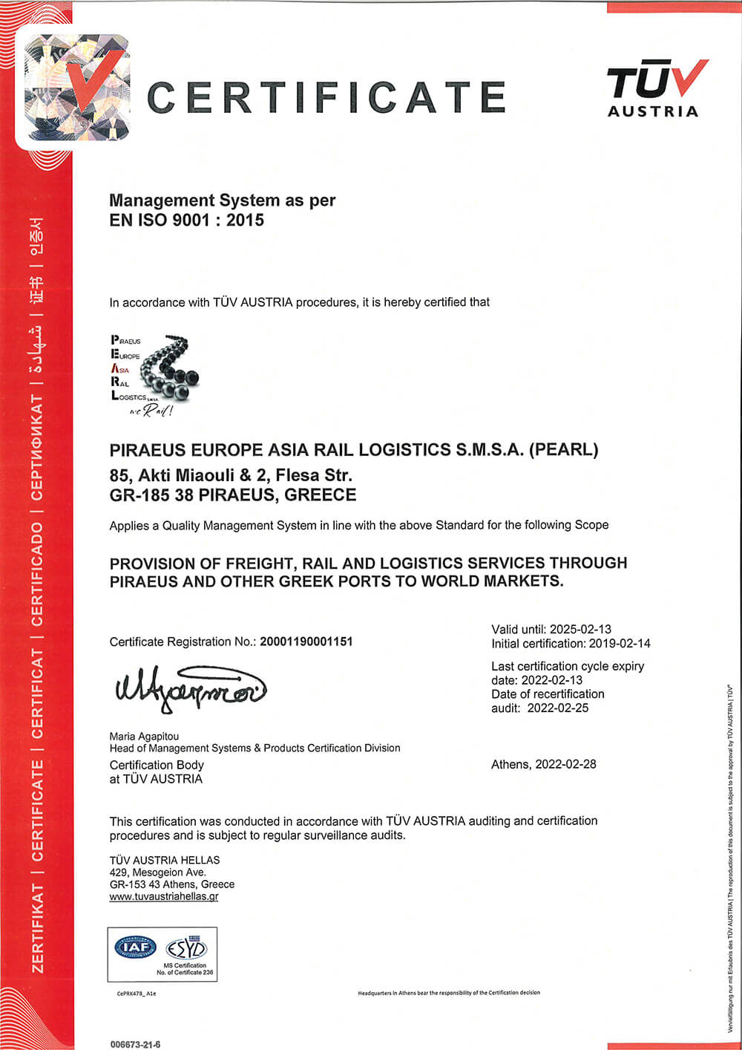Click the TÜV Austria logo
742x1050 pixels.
click(x=654, y=88)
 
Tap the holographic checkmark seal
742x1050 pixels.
click(x=76, y=88)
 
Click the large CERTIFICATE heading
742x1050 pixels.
click(x=326, y=97)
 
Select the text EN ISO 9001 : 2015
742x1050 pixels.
click(x=186, y=220)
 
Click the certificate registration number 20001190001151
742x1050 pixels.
click(x=306, y=642)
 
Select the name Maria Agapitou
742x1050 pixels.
click(x=144, y=736)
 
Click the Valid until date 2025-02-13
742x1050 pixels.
click(x=580, y=629)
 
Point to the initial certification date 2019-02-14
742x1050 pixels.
click(x=620, y=643)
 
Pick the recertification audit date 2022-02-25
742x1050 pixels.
click(x=558, y=708)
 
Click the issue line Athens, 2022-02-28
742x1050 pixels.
click(x=543, y=764)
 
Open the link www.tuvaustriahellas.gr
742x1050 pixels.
click(x=164, y=896)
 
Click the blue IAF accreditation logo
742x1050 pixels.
click(x=136, y=947)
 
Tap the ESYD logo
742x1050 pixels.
click(x=185, y=948)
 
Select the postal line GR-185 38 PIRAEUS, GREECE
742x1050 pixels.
click(x=233, y=495)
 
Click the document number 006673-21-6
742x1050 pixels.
click(x=135, y=1044)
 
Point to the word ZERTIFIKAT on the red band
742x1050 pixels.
click(x=37, y=928)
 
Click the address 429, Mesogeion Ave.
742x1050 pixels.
click(x=158, y=873)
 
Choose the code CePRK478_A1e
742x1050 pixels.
click(x=137, y=994)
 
